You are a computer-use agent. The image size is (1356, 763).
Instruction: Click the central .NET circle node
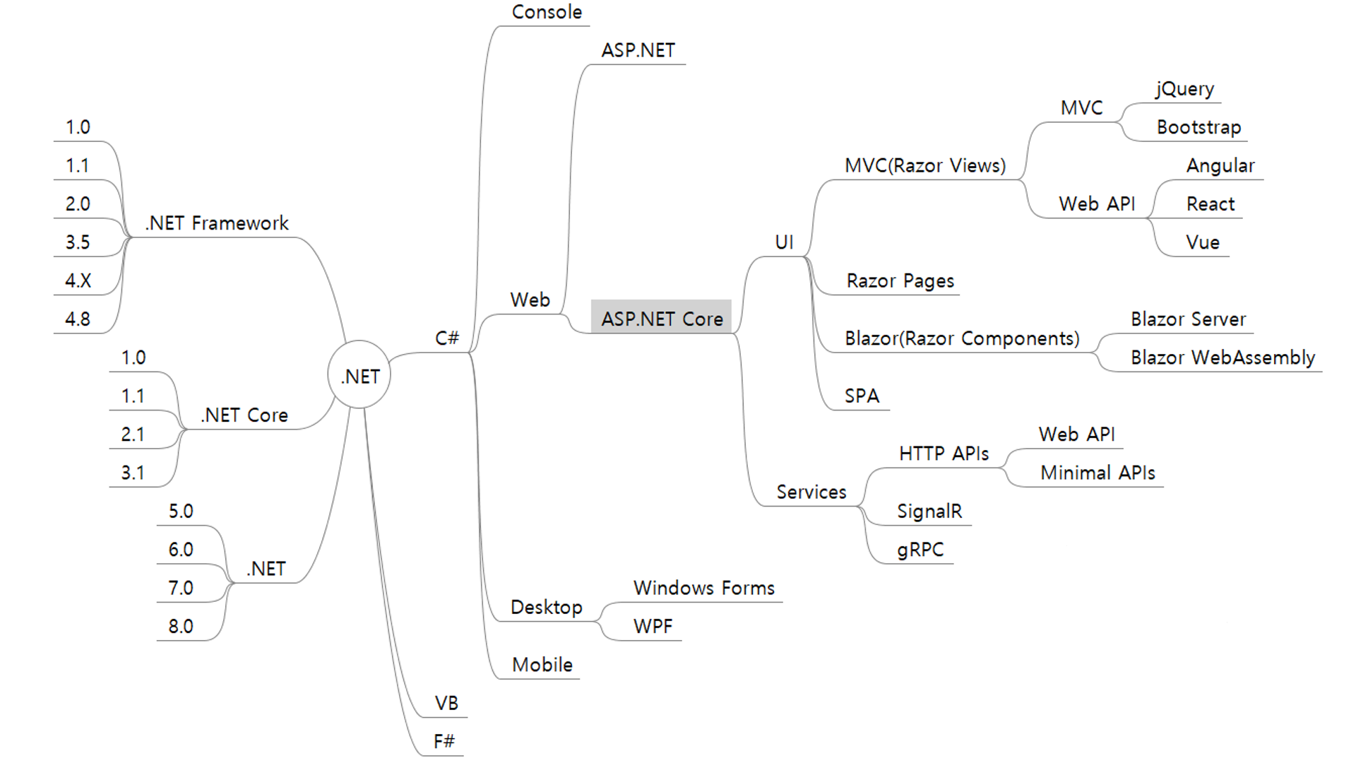pos(359,376)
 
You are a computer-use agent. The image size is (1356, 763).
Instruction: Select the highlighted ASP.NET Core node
pos(662,319)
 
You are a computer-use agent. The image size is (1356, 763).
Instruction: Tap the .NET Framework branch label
pos(217,223)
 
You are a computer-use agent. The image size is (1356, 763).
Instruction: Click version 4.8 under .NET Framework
pos(78,319)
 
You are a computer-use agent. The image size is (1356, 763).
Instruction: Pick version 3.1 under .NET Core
pos(133,473)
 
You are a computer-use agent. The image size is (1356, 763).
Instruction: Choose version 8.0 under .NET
pos(181,627)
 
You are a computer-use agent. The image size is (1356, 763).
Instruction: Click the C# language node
pos(447,338)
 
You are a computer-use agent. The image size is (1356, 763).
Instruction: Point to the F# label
pos(444,741)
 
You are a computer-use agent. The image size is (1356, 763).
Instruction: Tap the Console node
pos(547,12)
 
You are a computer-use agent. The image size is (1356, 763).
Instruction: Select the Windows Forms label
pos(703,588)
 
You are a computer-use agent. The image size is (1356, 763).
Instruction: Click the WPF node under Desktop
pos(653,627)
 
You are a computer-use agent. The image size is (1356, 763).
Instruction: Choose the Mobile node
pos(542,665)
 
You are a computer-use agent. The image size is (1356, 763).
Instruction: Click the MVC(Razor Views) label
pos(925,165)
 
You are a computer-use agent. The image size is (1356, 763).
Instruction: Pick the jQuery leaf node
pos(1185,89)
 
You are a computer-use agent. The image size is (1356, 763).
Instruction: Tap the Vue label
pos(1203,242)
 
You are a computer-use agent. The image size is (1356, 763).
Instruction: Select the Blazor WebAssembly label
pos(1223,357)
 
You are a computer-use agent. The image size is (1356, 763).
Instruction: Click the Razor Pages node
pos(900,280)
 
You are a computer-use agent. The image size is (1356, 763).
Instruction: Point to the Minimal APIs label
pos(1098,473)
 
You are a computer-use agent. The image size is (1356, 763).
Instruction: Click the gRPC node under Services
pos(920,550)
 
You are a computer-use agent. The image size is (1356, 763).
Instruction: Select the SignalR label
pos(929,511)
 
